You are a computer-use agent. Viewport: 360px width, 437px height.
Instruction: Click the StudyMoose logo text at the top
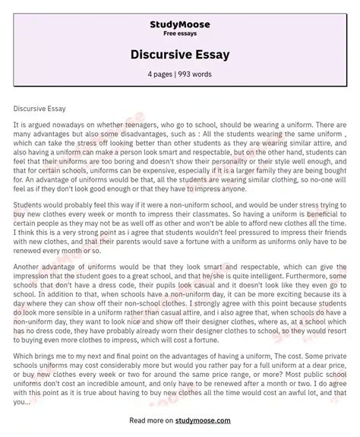180,24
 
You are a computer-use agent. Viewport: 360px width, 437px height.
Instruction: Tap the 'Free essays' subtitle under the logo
180,34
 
